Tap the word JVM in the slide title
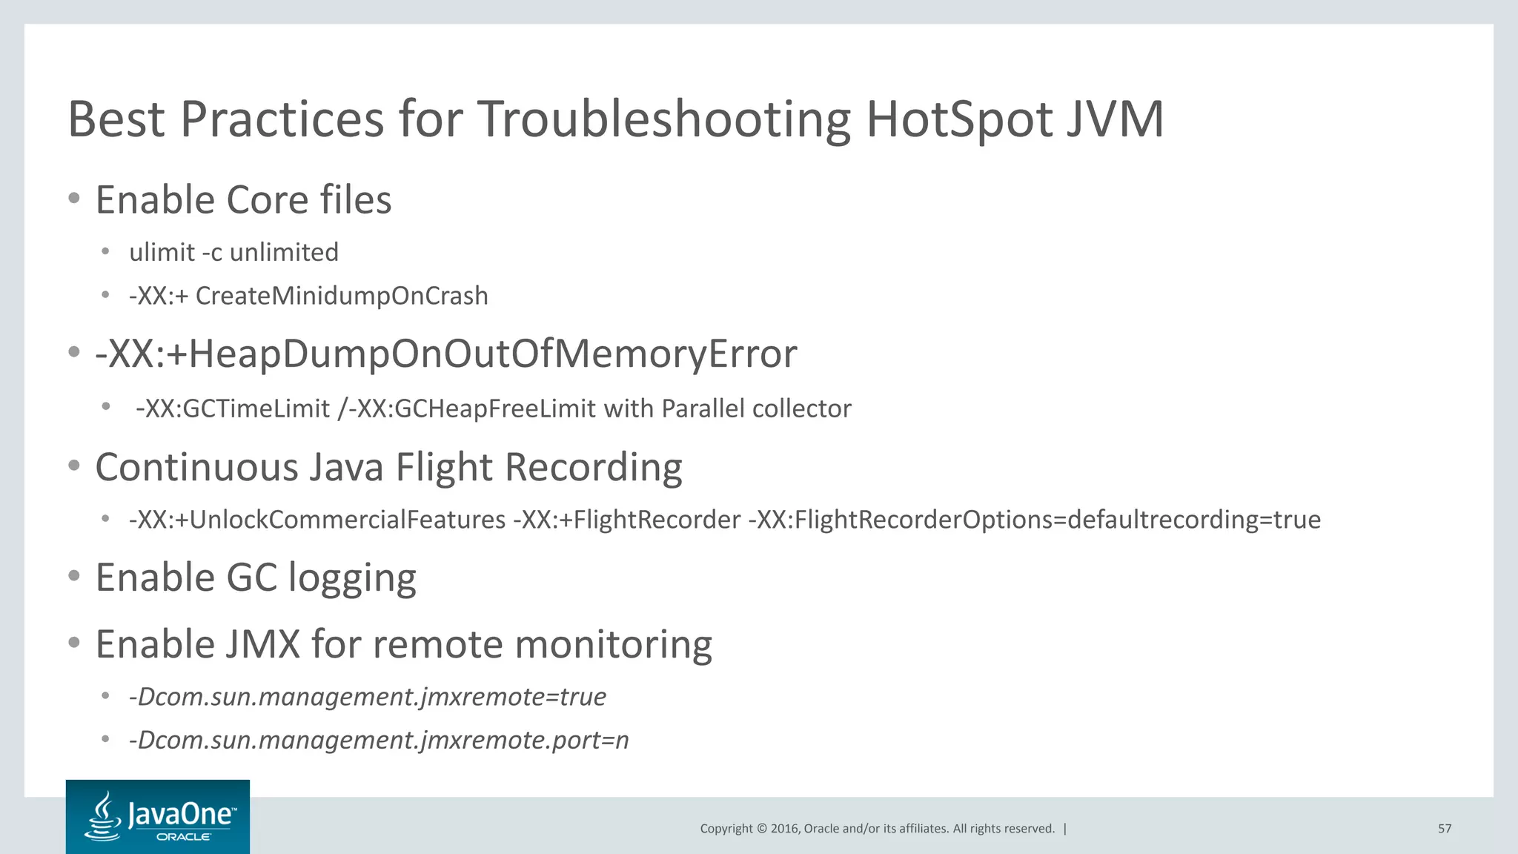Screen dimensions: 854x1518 pos(1115,119)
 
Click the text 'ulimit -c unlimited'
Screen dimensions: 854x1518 pos(233,252)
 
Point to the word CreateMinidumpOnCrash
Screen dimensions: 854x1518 pos(342,296)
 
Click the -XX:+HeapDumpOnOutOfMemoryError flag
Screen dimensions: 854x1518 pos(446,354)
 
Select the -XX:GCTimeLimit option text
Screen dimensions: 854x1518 pos(233,408)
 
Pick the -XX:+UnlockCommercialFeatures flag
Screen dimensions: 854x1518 pos(317,520)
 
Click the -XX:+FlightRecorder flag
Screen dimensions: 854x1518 pos(627,520)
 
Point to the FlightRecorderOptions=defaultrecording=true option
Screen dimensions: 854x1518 pos(1035,520)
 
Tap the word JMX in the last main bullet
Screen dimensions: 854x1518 pos(261,644)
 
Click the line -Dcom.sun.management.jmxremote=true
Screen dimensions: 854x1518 pos(368,697)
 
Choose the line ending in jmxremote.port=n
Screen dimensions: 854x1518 pos(379,741)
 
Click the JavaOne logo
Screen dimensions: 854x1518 pos(158,817)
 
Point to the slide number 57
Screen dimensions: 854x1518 pos(1445,829)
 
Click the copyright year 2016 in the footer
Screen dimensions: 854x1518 pos(784,829)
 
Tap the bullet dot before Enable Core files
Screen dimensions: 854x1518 pos(73,199)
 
